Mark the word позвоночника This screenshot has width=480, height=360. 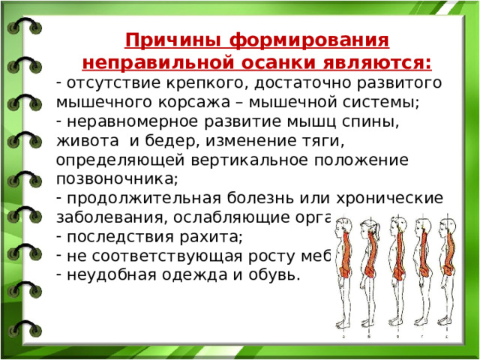pos(115,179)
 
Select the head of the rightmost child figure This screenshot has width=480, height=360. pos(449,224)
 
